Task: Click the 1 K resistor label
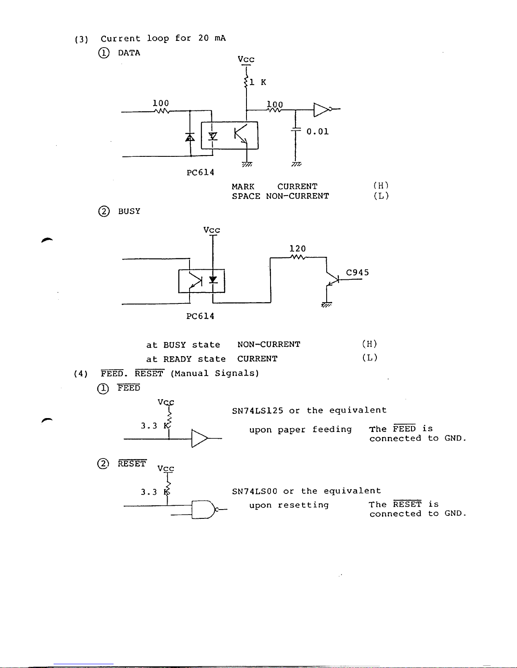tap(257, 82)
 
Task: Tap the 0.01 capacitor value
tap(317, 131)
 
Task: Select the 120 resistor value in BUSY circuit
tap(298, 248)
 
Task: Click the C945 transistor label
tap(357, 272)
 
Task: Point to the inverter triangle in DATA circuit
tap(321, 110)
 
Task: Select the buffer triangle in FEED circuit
tap(199, 438)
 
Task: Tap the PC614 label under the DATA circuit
tap(200, 172)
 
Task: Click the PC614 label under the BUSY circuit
tap(200, 316)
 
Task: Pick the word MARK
tap(243, 187)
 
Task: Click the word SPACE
tap(246, 196)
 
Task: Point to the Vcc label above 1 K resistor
tap(246, 59)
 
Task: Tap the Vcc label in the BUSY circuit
tap(212, 230)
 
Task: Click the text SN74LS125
tap(257, 410)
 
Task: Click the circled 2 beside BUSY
tap(104, 212)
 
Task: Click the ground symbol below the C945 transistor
tap(327, 305)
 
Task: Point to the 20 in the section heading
tap(203, 38)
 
